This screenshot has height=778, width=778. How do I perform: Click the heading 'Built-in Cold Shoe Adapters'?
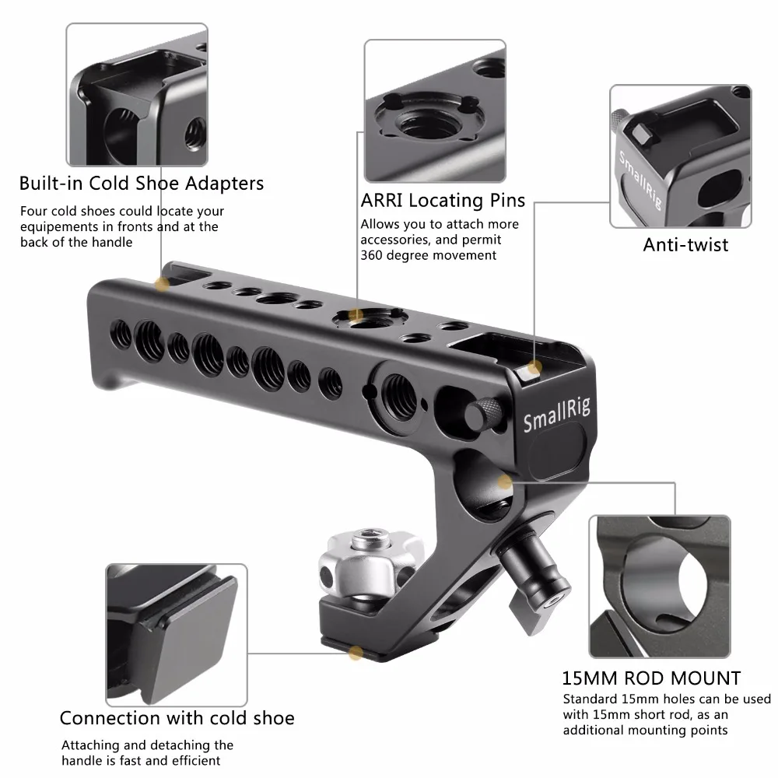[142, 184]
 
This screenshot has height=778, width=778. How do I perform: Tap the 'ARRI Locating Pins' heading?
[443, 201]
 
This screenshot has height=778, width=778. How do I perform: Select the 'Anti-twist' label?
[685, 245]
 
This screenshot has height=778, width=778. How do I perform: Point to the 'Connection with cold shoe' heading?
[177, 717]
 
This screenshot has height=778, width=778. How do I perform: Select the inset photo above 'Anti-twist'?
[680, 156]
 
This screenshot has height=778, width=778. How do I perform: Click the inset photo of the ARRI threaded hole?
[434, 110]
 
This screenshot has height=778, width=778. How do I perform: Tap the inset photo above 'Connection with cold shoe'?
[169, 631]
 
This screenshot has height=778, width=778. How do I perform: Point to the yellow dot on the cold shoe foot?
[355, 655]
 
